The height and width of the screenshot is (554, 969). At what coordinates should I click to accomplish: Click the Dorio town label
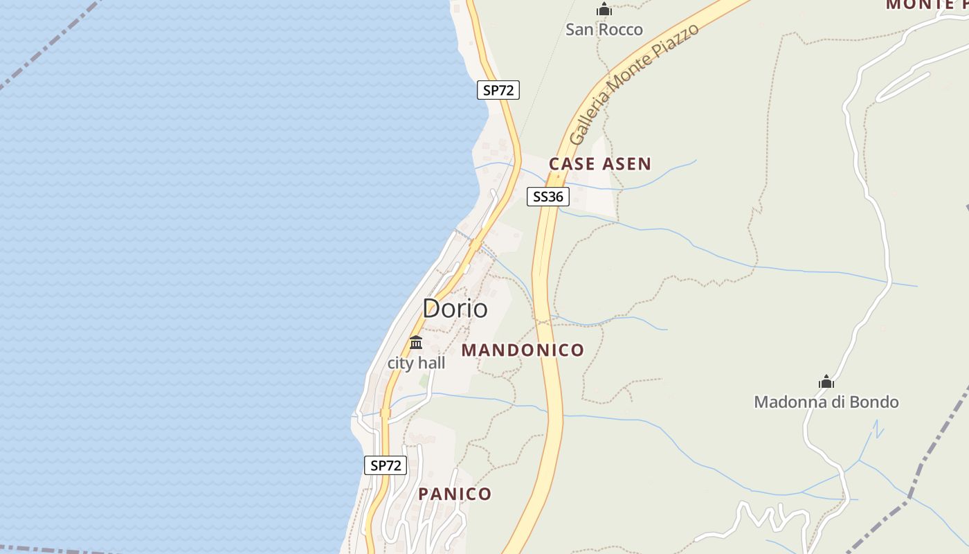click(x=455, y=308)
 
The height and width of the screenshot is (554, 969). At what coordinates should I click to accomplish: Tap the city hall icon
click(x=416, y=342)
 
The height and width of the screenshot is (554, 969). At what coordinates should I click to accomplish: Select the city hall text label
click(x=416, y=363)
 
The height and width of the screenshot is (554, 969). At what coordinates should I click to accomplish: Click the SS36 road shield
click(x=548, y=197)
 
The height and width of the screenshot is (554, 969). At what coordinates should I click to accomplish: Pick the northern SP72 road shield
click(x=498, y=90)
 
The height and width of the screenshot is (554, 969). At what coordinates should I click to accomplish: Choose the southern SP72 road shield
click(x=386, y=465)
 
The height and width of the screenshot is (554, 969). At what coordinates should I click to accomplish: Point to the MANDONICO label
click(x=523, y=350)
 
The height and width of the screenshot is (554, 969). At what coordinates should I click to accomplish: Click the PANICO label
click(x=455, y=494)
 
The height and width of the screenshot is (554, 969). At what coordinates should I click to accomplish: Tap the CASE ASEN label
click(x=600, y=164)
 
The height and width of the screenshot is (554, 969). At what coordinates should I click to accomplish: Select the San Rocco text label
click(x=604, y=30)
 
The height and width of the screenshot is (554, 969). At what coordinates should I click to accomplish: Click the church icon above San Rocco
click(x=604, y=10)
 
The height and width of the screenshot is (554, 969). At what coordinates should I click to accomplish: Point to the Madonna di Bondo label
click(x=826, y=402)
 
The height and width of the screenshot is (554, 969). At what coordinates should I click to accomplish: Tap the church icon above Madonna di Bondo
click(x=826, y=382)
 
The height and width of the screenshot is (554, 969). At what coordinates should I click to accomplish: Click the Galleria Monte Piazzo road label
click(x=633, y=83)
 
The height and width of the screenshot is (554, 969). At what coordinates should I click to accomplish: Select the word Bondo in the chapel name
click(x=877, y=402)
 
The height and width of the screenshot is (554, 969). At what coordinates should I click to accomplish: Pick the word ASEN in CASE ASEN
click(x=626, y=164)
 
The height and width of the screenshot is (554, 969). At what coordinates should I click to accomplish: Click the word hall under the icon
click(x=431, y=363)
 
